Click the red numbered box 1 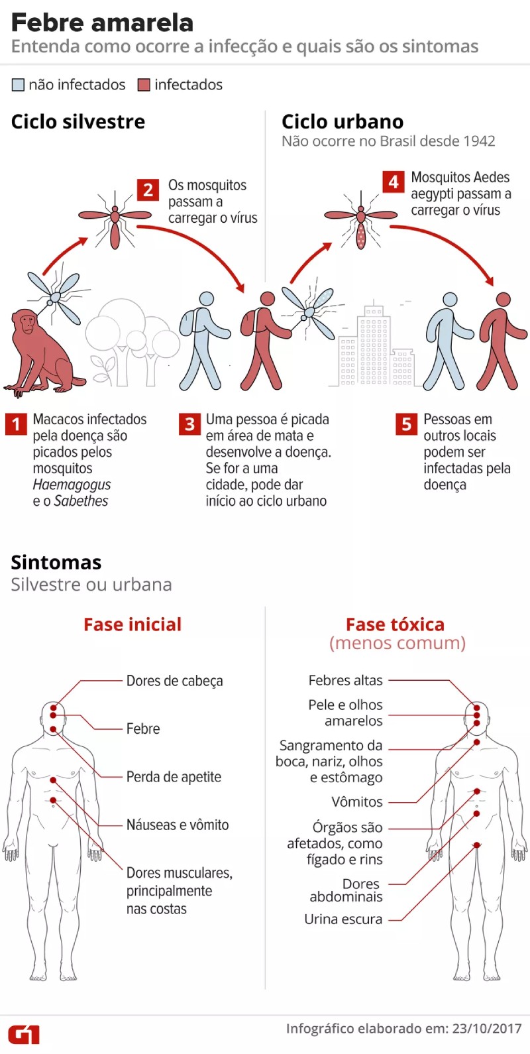click(16, 424)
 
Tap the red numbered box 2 click(148, 190)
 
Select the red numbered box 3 click(189, 424)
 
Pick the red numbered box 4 click(394, 182)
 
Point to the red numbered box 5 click(407, 424)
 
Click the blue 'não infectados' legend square click(18, 85)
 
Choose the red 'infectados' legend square click(144, 85)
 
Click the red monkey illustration click(40, 351)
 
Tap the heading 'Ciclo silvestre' click(78, 122)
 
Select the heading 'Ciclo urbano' click(343, 122)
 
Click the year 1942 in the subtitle click(479, 141)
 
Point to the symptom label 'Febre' click(143, 729)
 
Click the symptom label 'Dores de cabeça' click(174, 681)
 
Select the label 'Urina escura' click(343, 919)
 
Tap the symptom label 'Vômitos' click(357, 802)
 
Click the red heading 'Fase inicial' click(132, 624)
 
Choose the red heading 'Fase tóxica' click(395, 624)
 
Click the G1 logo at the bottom click(24, 1034)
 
